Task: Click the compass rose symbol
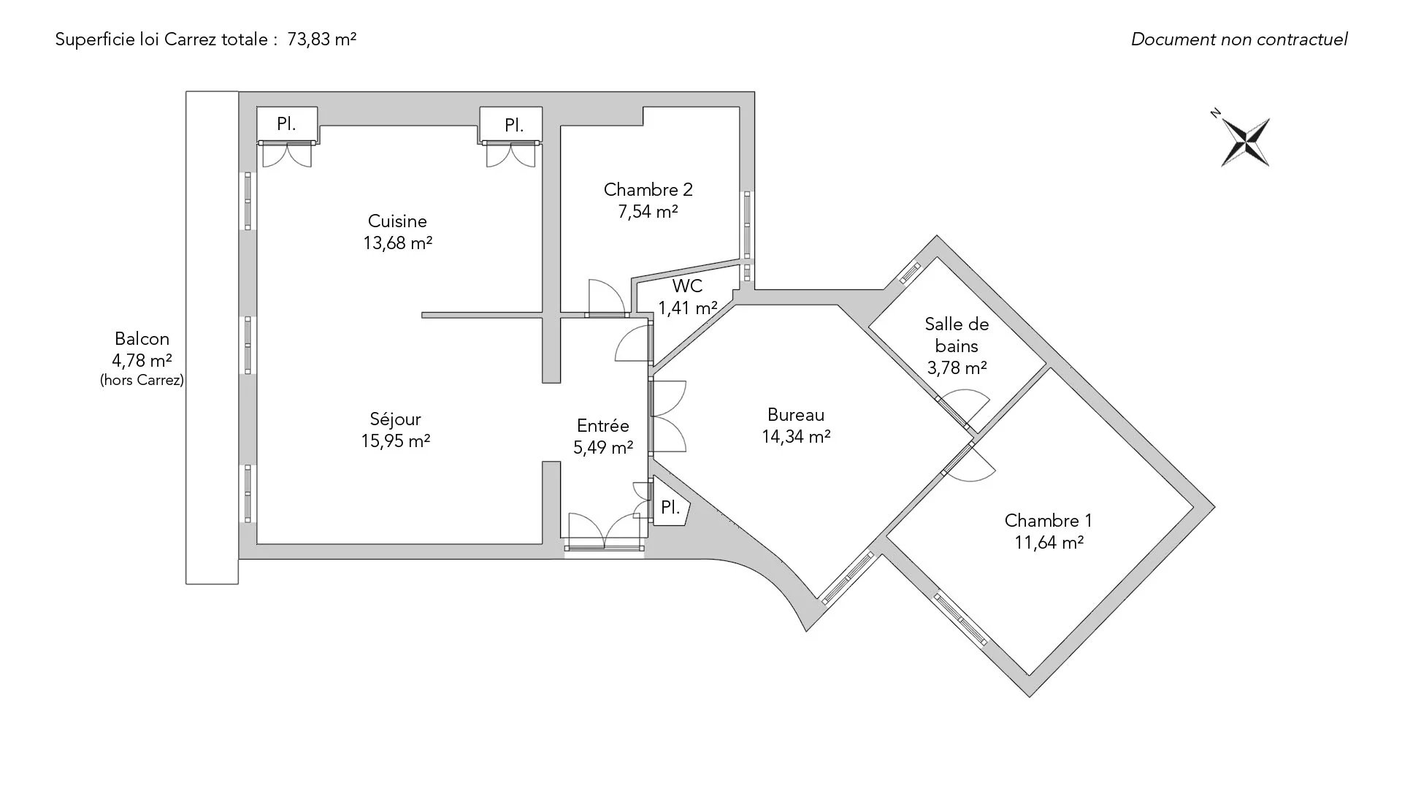[1246, 141]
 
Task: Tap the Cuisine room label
[397, 221]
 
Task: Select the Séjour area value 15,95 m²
[395, 441]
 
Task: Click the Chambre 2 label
[648, 190]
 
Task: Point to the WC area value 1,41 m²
[687, 308]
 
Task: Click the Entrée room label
[602, 426]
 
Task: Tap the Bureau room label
[796, 415]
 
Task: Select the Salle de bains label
[957, 335]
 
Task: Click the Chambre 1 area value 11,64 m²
[1049, 543]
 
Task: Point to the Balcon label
[142, 339]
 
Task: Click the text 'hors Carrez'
[142, 381]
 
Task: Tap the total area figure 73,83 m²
[321, 39]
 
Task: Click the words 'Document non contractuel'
[1239, 39]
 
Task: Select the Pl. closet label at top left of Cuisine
[286, 124]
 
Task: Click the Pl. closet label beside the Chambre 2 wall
[513, 126]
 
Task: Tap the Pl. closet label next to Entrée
[670, 508]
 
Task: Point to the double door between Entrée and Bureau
[666, 416]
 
